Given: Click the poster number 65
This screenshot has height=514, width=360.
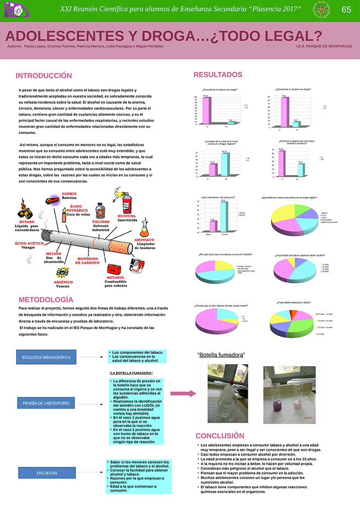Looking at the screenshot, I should (346, 10).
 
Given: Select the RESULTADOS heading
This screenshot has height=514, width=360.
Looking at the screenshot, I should (217, 74).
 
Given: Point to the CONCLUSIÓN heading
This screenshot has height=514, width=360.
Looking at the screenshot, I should (220, 435).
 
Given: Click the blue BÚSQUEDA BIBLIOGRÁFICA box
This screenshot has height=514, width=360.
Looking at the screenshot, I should (46, 357).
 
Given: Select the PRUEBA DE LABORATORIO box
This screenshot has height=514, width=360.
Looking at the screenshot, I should (46, 403).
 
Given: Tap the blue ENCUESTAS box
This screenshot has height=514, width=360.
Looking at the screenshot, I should (46, 472).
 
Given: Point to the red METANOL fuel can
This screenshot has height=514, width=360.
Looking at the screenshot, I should (113, 268).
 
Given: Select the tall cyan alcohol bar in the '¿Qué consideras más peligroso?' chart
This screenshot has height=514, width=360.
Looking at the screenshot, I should (223, 219).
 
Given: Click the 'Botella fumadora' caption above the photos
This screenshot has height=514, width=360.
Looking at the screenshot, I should (221, 355).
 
